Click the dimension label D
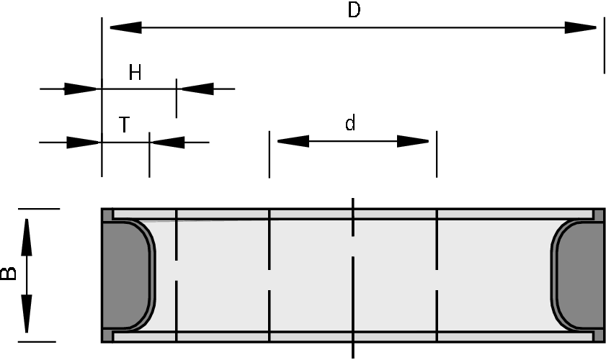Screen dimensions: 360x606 (353, 12)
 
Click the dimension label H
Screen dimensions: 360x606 (135, 73)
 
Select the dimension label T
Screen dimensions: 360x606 (124, 125)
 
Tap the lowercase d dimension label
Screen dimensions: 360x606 (350, 124)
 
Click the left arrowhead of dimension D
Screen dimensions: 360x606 (125, 28)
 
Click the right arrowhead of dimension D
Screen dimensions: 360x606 (580, 28)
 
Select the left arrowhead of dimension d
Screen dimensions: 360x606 (293, 141)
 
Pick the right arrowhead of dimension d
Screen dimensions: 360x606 (413, 141)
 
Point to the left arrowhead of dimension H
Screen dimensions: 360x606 (81, 89)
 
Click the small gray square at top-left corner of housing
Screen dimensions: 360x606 (107, 215)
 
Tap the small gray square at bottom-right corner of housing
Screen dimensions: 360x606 (598, 336)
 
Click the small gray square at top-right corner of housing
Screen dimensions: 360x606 (598, 215)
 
